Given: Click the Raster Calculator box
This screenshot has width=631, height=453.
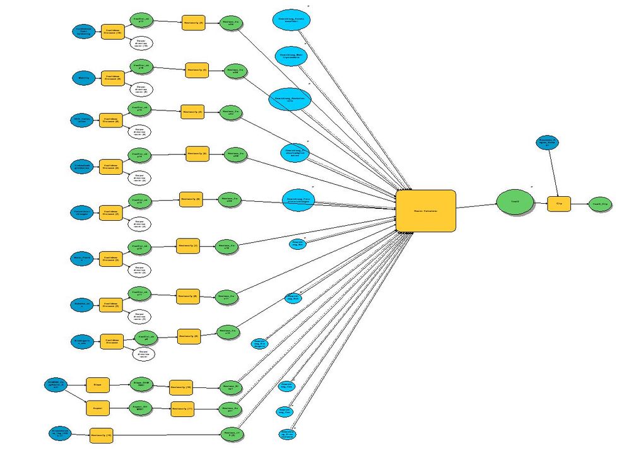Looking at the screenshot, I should coord(425,210).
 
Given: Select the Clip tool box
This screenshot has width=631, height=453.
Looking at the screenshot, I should coord(558,204).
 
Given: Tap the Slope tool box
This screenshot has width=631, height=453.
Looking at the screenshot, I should coord(97,384).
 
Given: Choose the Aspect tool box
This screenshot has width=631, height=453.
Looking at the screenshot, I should coord(97,409).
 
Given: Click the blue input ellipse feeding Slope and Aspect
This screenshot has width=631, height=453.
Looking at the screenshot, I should coord(55,384).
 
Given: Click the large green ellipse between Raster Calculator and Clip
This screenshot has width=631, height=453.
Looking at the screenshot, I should coord(514,202).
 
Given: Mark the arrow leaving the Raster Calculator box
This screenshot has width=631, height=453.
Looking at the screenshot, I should coord(476,206).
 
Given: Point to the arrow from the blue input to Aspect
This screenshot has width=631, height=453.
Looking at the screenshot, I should coord(76,397).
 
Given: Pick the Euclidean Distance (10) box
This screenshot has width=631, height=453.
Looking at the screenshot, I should coord(112,32).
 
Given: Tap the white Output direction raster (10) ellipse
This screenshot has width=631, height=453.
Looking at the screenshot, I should coord(141,44).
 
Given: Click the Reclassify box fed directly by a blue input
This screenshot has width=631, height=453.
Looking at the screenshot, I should coord(101,435).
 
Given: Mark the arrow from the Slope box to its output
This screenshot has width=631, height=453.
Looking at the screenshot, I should coord(118,384).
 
